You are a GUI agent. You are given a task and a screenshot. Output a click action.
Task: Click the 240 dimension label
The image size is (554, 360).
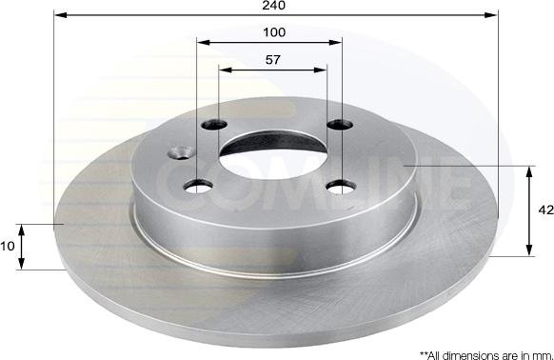pos(273,5)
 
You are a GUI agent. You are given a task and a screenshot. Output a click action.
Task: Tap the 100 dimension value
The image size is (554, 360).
pos(274,32)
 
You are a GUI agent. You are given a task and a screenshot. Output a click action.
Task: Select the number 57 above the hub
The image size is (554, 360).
pos(273,60)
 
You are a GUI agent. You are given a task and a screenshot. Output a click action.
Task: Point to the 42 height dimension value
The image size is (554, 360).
pos(545,210)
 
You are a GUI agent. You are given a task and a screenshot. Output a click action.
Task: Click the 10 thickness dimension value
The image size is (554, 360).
pos(8,246)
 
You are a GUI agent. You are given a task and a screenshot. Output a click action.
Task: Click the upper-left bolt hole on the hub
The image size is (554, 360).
pos(214,125)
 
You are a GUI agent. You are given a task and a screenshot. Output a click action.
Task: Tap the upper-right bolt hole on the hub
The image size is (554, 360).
pos(340,125)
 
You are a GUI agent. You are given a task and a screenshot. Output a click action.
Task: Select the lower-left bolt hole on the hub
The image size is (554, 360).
pos(199,186)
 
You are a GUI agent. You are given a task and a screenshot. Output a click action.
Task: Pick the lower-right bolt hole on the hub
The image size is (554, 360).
pos(341,187)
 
